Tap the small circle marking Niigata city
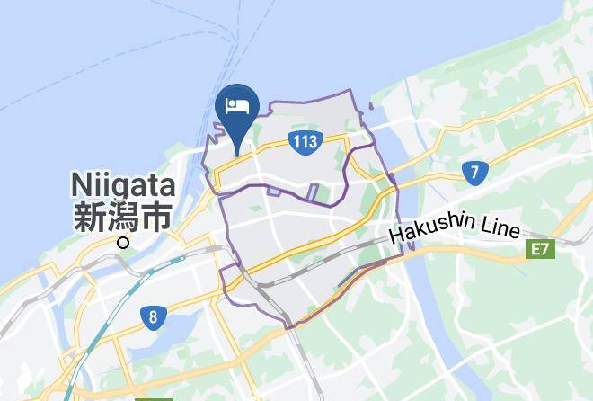tap(123, 242)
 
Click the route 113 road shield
tap(305, 140)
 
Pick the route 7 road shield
tap(473, 172)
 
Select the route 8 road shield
tap(155, 316)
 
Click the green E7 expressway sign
tap(539, 249)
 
